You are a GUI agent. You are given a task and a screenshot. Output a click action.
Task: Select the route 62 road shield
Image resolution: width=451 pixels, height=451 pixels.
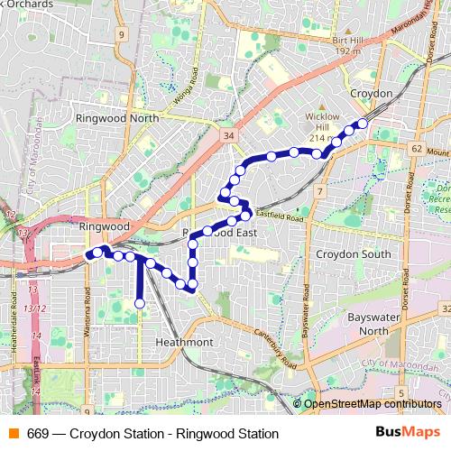tap(415, 147)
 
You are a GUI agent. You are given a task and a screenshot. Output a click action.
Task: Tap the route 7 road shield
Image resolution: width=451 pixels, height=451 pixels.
tap(319, 191)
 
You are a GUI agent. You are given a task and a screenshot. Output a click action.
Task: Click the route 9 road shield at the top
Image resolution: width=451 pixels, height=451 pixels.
tap(119, 33)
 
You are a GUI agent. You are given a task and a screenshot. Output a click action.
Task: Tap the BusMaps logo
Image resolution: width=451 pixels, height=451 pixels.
tap(407, 432)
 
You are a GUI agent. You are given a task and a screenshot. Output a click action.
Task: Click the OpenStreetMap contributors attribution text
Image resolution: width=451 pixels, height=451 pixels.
tap(373, 404)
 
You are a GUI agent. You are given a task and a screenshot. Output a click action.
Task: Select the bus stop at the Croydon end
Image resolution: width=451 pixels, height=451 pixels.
tap(363, 123)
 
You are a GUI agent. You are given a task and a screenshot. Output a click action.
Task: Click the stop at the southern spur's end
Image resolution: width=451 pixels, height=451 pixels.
tap(140, 304)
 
